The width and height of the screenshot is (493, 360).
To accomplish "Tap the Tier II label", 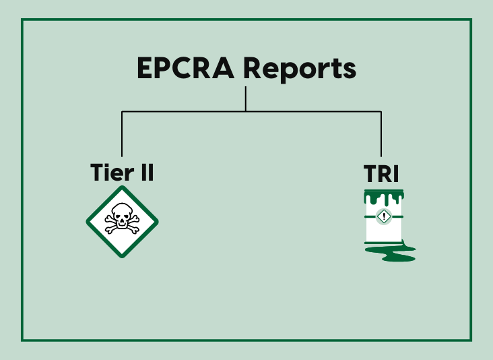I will [x=122, y=173].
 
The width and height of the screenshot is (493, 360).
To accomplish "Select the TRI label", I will [x=381, y=173].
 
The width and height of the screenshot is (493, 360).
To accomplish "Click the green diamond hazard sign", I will [x=122, y=222].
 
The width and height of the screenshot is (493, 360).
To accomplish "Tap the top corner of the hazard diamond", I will [x=122, y=189].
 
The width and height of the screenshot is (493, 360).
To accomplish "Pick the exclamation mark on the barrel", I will [x=384, y=216].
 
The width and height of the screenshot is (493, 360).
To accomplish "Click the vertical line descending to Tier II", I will [x=122, y=135].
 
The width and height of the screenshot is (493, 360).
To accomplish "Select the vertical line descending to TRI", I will [x=381, y=135].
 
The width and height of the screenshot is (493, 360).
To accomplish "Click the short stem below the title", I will [x=246, y=98].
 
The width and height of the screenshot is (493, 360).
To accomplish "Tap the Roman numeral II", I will [x=146, y=173].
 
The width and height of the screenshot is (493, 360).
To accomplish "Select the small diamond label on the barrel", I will [x=384, y=216].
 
